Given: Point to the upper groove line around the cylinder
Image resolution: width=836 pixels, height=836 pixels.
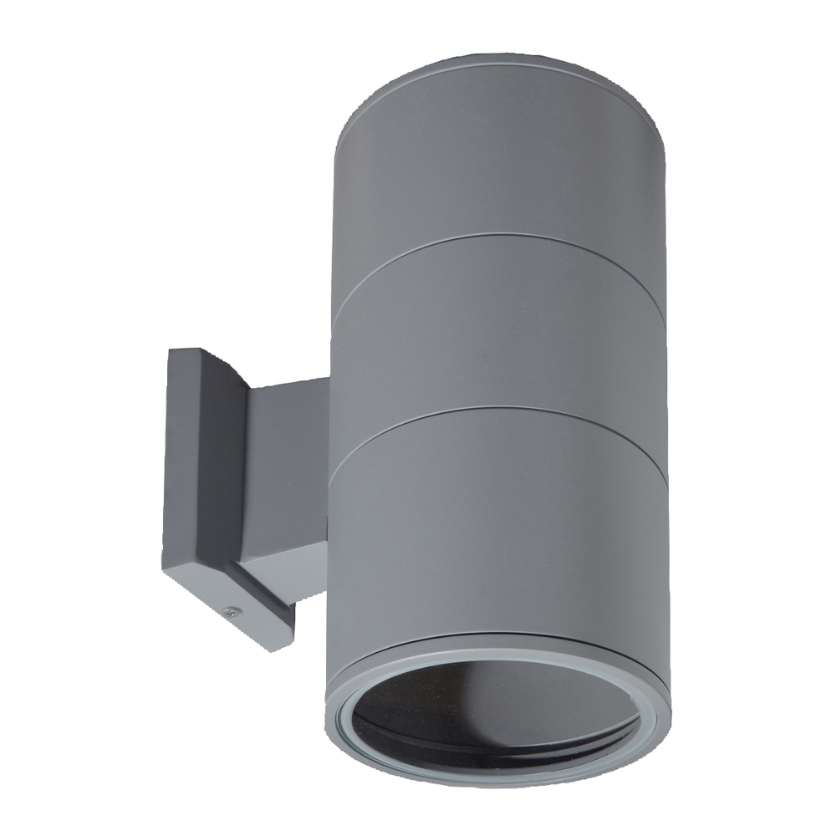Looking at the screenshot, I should click(502, 237).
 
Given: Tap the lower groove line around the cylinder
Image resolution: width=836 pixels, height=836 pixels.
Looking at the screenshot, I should click(502, 410).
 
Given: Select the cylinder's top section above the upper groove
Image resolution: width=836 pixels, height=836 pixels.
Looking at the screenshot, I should click(502, 150).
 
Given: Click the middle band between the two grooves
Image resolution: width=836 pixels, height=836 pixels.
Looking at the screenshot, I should click(502, 326).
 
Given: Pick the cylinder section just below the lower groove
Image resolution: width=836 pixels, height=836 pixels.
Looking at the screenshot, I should click(502, 518).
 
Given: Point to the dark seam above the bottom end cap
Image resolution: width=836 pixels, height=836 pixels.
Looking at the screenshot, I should click(502, 637).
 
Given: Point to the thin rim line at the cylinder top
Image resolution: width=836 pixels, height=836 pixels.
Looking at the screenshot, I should click(502, 59).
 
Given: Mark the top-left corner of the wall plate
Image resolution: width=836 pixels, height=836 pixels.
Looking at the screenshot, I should click(169, 350).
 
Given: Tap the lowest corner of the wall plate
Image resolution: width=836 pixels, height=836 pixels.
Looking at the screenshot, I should click(288, 649).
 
